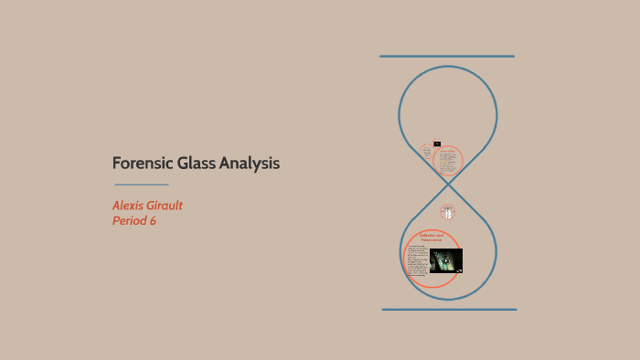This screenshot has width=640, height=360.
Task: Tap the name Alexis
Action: [132, 206]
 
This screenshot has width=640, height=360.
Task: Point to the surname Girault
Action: [174, 206]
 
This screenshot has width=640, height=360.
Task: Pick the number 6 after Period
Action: [153, 221]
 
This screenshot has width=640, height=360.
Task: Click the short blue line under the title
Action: [141, 185]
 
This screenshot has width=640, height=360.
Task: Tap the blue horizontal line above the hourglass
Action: [447, 57]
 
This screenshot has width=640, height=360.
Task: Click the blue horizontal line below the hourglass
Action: [448, 309]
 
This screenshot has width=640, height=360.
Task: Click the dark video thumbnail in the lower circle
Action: [445, 260]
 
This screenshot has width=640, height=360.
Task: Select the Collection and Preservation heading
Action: [432, 238]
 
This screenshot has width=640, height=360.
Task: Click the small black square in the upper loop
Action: [437, 143]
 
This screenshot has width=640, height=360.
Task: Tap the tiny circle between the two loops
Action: [447, 211]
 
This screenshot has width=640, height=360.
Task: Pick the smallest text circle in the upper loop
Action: [427, 152]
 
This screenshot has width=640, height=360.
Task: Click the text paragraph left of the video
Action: [417, 260]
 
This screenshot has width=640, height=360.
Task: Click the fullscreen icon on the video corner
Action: [459, 270]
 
